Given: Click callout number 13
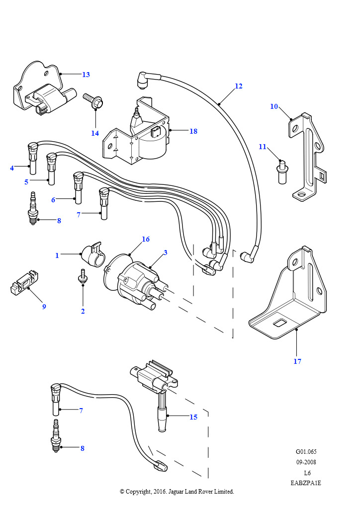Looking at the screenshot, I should click(86, 75).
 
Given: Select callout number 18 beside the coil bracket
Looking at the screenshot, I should click(193, 131).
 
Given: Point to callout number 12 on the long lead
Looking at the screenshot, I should click(239, 86).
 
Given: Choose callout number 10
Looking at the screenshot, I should click(274, 106).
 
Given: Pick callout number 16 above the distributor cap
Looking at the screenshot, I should click(146, 239).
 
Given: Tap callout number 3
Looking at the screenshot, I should click(165, 253).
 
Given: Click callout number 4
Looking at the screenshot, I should click(12, 168).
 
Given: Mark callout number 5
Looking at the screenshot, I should click(26, 182).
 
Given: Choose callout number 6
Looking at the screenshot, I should click(53, 200).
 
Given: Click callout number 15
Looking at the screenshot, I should click(193, 417).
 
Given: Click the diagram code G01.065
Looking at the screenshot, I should click(306, 452).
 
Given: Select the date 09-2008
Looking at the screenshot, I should click(306, 462).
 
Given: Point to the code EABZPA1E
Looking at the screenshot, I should click(306, 483).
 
